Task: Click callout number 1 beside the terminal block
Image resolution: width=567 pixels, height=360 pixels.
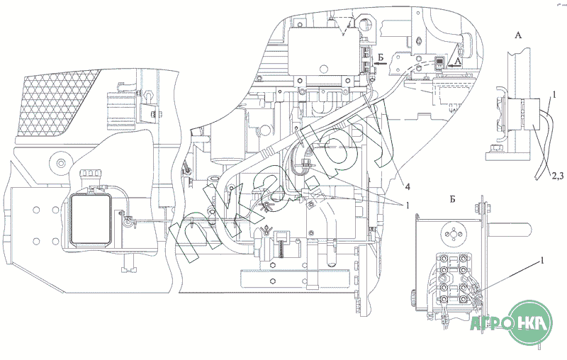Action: (542, 260)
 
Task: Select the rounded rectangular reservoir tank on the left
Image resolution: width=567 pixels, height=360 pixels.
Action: (90, 220)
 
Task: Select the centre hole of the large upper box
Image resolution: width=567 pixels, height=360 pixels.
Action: (323, 69)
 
